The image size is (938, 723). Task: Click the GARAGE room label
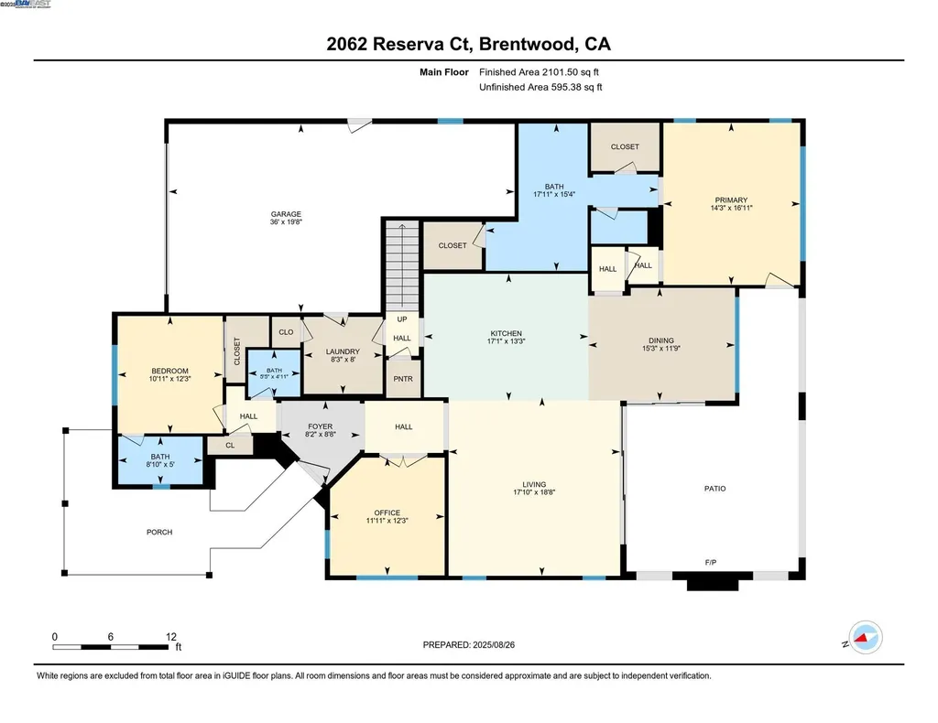285,215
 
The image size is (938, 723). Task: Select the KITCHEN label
506,334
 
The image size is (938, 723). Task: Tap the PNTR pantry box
403,379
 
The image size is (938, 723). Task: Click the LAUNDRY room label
344,351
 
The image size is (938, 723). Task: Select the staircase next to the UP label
400,265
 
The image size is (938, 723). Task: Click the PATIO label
714,489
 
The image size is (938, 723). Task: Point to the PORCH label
159,532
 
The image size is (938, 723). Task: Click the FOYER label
320,426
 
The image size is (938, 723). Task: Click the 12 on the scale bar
170,636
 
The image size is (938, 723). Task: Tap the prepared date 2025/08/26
502,644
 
